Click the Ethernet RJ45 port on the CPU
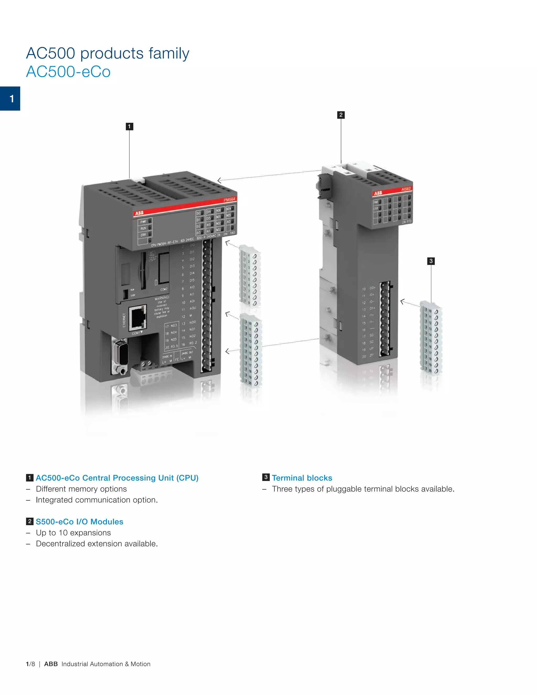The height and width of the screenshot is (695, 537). click(x=138, y=317)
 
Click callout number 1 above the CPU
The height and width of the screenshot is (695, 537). click(x=129, y=127)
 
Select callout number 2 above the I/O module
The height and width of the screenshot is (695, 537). click(x=341, y=115)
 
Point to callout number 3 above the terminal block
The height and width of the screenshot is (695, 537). click(x=431, y=261)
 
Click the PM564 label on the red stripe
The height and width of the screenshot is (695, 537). click(x=229, y=200)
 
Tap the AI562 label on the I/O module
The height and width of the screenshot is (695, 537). click(x=406, y=189)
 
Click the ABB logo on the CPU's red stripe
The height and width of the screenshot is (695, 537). click(x=139, y=213)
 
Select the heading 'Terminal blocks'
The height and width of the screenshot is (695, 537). click(x=302, y=478)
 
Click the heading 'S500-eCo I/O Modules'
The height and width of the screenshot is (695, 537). click(x=79, y=522)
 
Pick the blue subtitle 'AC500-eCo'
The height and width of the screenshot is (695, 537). click(x=68, y=72)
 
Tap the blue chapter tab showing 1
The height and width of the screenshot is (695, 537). click(x=10, y=99)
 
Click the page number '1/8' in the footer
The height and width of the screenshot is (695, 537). click(x=30, y=664)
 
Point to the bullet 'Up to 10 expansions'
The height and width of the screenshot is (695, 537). click(x=73, y=533)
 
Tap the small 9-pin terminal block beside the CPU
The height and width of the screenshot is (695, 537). click(x=250, y=276)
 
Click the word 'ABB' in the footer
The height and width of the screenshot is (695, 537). click(x=51, y=664)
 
